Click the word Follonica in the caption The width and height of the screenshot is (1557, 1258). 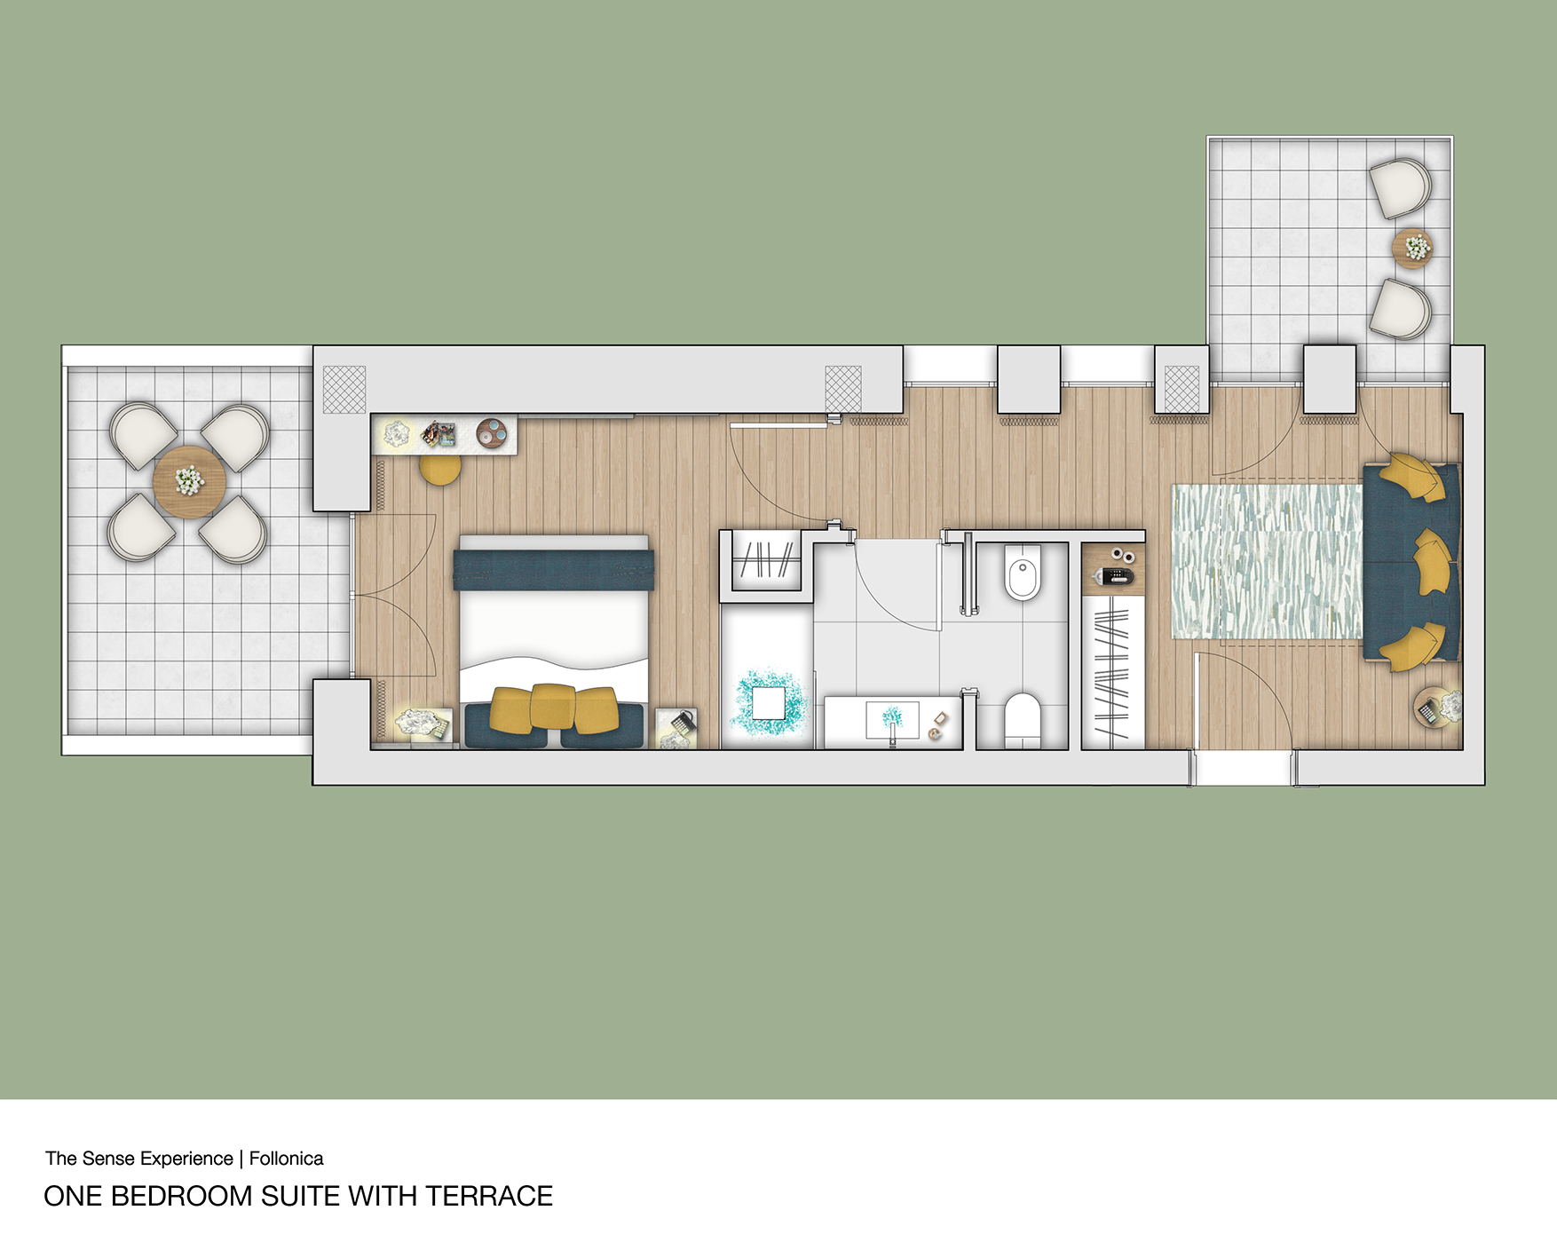tap(286, 1159)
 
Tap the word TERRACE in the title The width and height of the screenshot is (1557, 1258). tap(489, 1197)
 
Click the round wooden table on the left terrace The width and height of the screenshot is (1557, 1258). tap(189, 482)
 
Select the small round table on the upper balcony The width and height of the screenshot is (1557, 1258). tap(1412, 247)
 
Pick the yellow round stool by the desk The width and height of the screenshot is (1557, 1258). tap(439, 469)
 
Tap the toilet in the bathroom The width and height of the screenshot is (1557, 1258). tap(1022, 720)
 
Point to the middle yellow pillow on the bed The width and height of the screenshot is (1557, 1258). tap(552, 706)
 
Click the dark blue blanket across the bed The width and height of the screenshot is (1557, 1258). tap(554, 570)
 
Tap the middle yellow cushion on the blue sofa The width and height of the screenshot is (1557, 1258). tap(1432, 561)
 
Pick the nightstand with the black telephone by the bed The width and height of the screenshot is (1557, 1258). tap(676, 729)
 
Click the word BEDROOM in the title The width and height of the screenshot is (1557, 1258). tap(181, 1197)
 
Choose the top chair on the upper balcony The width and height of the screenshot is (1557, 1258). tap(1400, 187)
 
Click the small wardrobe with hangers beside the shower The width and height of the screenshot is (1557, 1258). tap(766, 561)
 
